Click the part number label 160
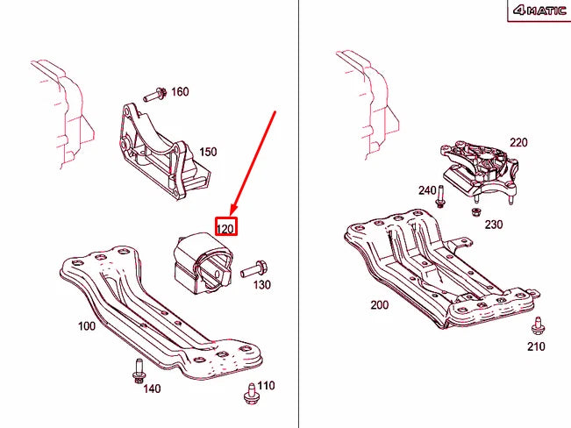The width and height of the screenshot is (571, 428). pos(180,92)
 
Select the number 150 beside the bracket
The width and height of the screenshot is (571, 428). pos(208,152)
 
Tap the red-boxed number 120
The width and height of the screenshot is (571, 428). pos(225,229)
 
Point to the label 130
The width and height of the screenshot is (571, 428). pos(261,284)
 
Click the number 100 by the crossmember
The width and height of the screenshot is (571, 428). pos(87,326)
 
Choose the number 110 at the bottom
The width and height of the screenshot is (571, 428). pos(267,385)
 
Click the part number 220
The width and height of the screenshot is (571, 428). pos(518,142)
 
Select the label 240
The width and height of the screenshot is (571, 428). pos(427,190)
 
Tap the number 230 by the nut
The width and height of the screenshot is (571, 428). pos(494,225)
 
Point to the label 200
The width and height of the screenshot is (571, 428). pos(379,306)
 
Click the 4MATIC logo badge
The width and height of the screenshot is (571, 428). pos(538,11)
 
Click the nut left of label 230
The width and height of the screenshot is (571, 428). pos(474,210)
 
